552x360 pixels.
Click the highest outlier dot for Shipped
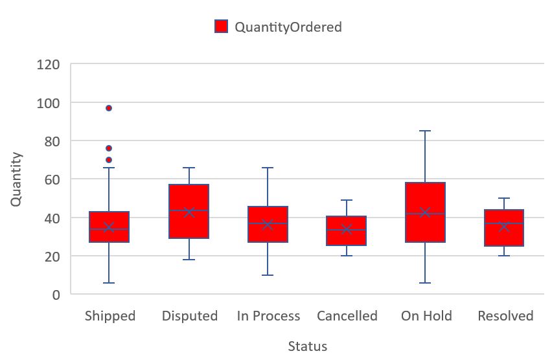109,108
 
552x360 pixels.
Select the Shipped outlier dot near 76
109,148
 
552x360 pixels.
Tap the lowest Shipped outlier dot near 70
109,160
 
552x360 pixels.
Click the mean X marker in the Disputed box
189,212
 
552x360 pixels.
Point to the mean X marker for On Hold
426,212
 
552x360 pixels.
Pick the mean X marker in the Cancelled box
347,229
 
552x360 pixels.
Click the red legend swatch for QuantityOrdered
222,27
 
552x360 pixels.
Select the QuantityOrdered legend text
288,27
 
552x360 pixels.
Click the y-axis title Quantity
16,179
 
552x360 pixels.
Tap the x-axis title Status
307,346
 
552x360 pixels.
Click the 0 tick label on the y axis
56,295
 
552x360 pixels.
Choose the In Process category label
268,316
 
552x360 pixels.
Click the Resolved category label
505,316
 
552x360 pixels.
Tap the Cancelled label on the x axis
347,316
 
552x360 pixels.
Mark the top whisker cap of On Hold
426,131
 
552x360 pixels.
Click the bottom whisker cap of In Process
268,275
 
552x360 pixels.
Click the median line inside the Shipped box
109,229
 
